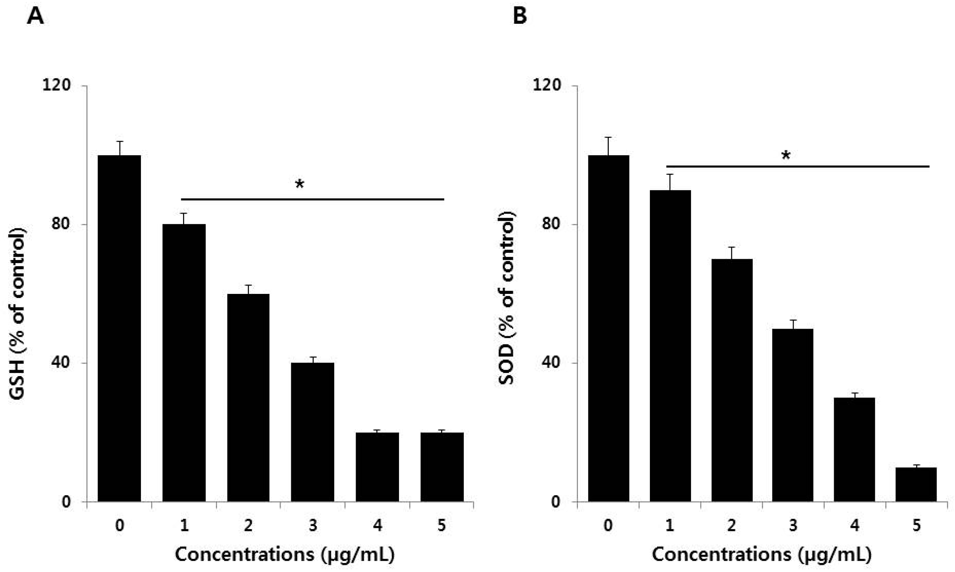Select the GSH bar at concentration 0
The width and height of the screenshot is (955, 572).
(x=119, y=327)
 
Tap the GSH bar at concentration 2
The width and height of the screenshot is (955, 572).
(x=248, y=397)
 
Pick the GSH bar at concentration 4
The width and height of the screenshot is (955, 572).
(x=377, y=466)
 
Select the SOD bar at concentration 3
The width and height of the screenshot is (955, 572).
(x=793, y=415)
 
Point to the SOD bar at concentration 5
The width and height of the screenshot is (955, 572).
(x=916, y=484)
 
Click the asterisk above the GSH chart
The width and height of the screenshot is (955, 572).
(x=299, y=185)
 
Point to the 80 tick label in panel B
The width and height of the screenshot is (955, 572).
(x=551, y=224)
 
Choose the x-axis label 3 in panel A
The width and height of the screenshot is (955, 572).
(x=312, y=525)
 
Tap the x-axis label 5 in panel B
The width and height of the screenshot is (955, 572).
(x=916, y=525)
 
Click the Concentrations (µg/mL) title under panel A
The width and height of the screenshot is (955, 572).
(x=285, y=555)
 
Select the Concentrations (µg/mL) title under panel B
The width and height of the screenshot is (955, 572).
(x=761, y=555)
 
